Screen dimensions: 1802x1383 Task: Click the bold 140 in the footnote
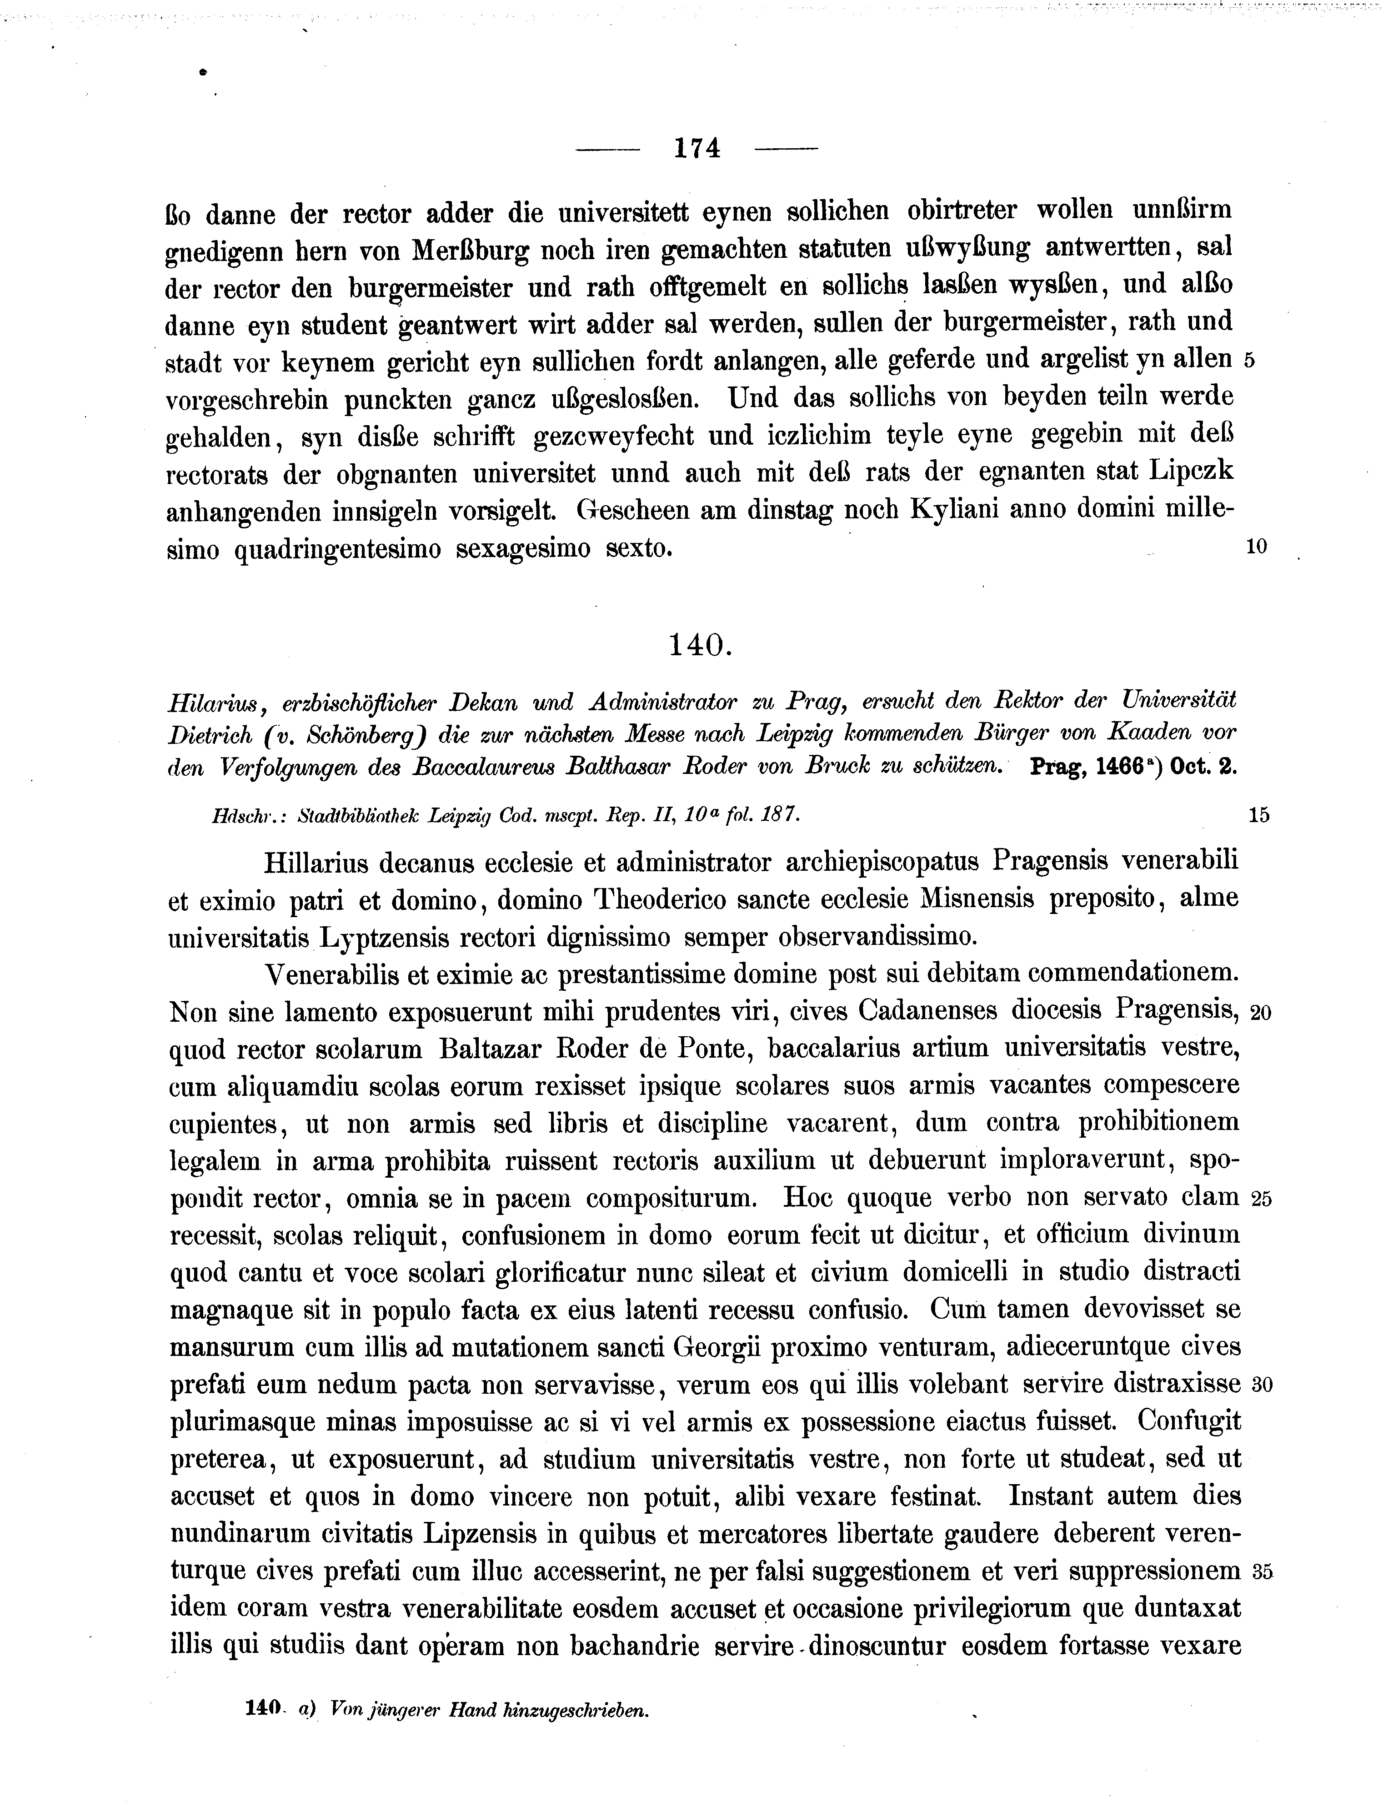tap(263, 1708)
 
